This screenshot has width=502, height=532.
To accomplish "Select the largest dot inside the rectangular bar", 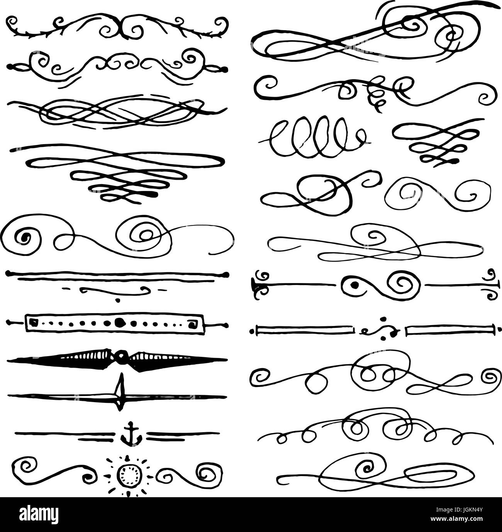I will pyautogui.click(x=119, y=321).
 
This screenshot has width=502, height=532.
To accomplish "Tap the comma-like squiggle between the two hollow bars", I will pyautogui.click(x=380, y=329).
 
